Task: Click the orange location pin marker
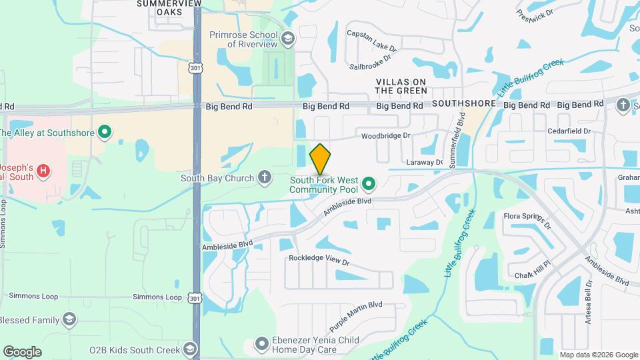tap(320, 159)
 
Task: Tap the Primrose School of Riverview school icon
tap(288, 39)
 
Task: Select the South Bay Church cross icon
tap(265, 177)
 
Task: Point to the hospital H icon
tap(43, 171)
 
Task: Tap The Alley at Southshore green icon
tap(104, 132)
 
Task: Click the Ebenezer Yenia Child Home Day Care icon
tap(261, 344)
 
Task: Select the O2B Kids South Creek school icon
tap(191, 349)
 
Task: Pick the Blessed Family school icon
tap(69, 320)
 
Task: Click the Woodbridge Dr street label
tap(385, 136)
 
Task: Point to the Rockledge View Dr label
tap(319, 259)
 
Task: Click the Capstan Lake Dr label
tap(371, 40)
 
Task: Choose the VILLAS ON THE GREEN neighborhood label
tap(401, 86)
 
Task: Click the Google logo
tap(22, 351)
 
